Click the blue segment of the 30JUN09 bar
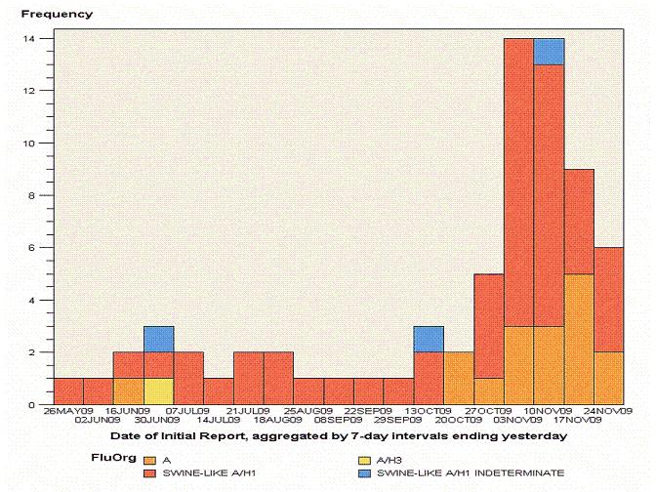(x=158, y=339)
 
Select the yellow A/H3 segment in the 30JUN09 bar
(x=158, y=390)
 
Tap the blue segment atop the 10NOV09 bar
(x=549, y=52)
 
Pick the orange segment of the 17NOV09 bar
(x=579, y=339)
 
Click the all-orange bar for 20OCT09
(x=459, y=378)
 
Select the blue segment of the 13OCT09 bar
(x=429, y=339)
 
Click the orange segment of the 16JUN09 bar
(x=128, y=390)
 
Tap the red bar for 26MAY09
(x=68, y=390)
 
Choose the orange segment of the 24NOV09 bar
(x=609, y=378)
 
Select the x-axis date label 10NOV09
(x=549, y=412)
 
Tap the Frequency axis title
(x=58, y=15)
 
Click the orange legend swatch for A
(x=148, y=459)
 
